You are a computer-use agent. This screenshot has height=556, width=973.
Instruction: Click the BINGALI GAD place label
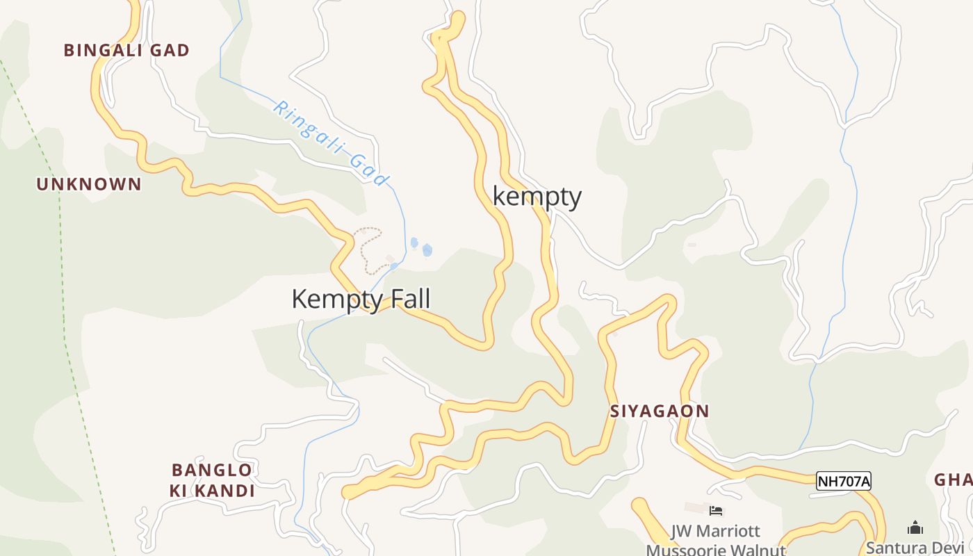126,50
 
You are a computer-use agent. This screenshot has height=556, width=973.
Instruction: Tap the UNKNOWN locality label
89,184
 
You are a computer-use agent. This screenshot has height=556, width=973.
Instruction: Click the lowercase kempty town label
537,197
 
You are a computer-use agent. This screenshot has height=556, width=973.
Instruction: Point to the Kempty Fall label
361,299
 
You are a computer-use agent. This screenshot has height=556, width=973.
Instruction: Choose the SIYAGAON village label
660,411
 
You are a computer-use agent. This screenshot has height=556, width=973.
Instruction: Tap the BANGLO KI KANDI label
212,480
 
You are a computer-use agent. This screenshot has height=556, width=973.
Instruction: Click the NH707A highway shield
843,481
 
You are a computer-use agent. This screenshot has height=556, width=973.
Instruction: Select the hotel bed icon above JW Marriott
716,511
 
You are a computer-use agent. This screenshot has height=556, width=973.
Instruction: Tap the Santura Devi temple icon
915,528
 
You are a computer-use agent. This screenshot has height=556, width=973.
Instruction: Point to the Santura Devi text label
915,547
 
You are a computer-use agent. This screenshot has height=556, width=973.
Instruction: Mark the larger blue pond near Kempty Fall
427,250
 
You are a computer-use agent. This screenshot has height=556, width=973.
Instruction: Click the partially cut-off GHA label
953,480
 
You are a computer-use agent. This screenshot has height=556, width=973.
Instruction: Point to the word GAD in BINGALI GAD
170,50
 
